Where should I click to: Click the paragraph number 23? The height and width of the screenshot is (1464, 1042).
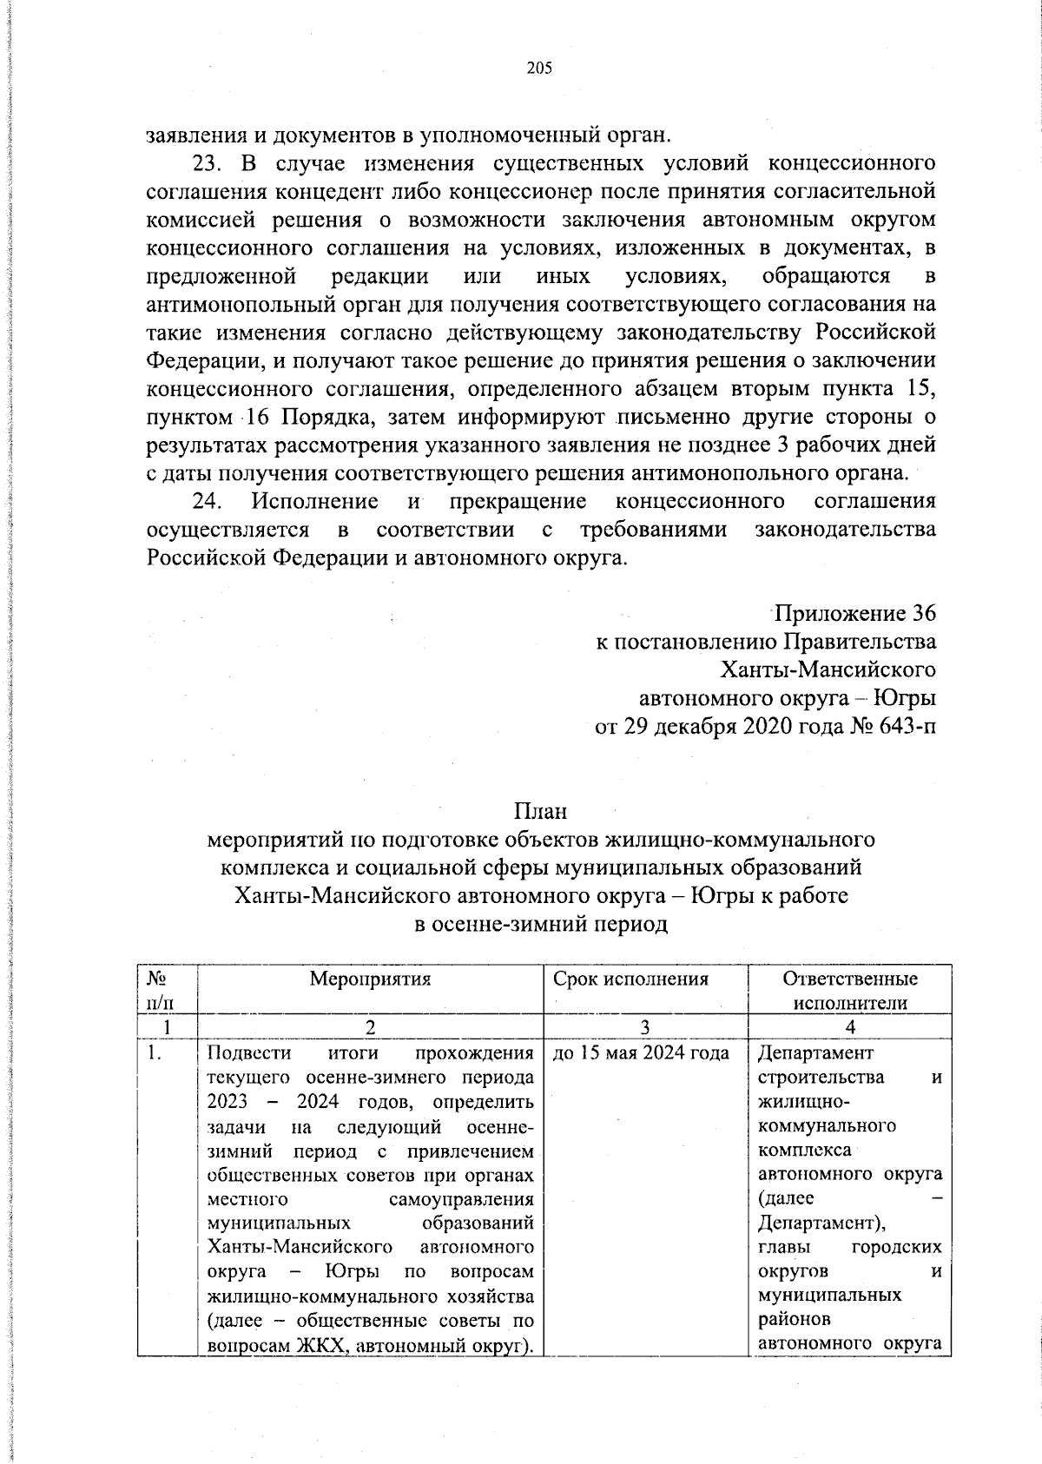click(x=207, y=163)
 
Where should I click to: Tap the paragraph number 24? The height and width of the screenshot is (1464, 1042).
click(x=208, y=501)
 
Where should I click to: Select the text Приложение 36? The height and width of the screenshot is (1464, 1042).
click(x=854, y=614)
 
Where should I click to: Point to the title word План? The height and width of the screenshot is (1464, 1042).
click(x=540, y=812)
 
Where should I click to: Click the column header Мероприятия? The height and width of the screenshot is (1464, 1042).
click(x=371, y=979)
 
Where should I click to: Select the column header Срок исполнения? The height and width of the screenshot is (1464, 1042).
click(x=631, y=979)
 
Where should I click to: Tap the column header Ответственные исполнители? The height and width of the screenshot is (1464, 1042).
click(x=850, y=991)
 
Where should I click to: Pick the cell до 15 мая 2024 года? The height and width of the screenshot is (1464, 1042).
click(x=641, y=1053)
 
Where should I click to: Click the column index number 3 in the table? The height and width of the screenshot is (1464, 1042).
click(x=645, y=1027)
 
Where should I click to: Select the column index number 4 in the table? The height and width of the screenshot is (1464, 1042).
click(x=850, y=1027)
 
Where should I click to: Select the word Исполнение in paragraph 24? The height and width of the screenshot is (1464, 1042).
click(x=314, y=501)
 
